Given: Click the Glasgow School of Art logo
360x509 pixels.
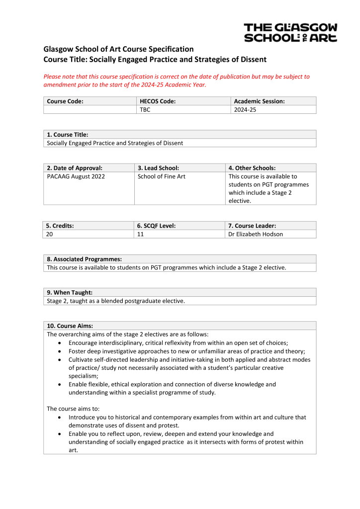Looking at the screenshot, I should point(290,32).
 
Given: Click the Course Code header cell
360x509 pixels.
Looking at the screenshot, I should point(65,101).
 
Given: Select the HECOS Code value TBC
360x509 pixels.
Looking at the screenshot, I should point(145,110).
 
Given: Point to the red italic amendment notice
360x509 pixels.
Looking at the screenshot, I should point(177,81).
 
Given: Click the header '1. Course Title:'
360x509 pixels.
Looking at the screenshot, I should point(68,135).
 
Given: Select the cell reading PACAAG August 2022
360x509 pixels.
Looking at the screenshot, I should point(76,176).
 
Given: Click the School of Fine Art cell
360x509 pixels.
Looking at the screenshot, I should point(161,176).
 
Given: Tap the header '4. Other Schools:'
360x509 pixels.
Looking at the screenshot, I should point(252,168).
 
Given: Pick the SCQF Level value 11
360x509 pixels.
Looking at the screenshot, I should point(141,234).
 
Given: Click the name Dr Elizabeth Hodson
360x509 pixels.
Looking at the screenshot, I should point(256,234).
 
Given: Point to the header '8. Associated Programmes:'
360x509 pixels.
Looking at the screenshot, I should point(84,259).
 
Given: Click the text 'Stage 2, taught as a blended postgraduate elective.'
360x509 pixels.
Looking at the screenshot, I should point(115,301).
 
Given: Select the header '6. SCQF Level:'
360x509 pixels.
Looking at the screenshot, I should point(157,226).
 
